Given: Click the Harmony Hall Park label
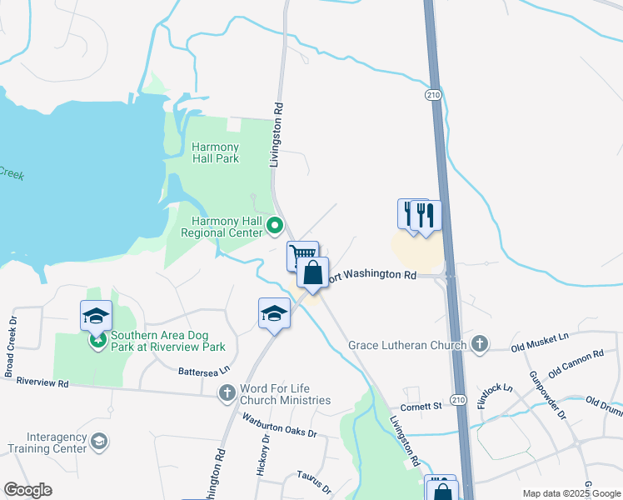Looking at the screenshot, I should [x=216, y=152].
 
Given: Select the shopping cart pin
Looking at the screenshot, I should [x=303, y=254].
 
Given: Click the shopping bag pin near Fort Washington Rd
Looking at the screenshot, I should [x=312, y=273].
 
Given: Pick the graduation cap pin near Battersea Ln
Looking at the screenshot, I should [x=274, y=313].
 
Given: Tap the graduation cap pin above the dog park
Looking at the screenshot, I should [x=96, y=316].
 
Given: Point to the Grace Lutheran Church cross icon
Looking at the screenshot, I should [x=479, y=343].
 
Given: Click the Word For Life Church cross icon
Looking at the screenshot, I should [x=227, y=392].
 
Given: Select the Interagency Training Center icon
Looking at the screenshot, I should [x=99, y=441].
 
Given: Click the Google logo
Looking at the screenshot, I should [x=27, y=490].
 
